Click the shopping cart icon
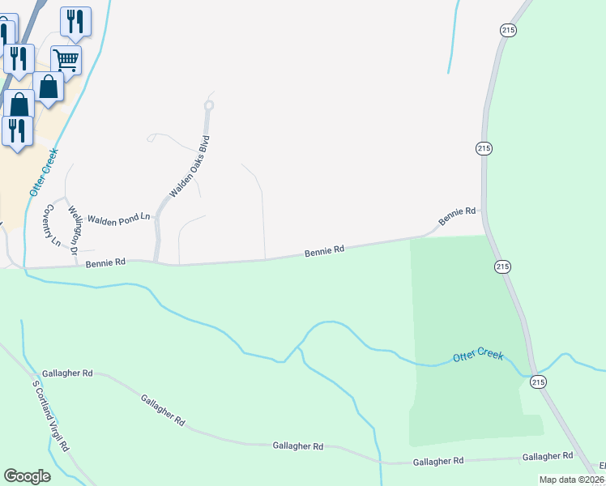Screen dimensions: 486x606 tap(66, 58)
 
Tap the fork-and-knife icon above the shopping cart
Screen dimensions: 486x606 tap(75, 21)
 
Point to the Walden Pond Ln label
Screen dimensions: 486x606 tap(119, 219)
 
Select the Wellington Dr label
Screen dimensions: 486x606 tap(74, 228)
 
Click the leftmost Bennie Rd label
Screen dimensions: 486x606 tap(105, 262)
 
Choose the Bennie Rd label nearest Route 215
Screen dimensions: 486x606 tap(457, 216)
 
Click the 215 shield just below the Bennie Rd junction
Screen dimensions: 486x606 tap(502, 266)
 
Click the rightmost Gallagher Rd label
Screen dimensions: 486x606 tap(548, 457)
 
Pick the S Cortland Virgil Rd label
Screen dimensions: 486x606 tap(51, 416)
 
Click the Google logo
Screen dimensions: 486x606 tap(28, 476)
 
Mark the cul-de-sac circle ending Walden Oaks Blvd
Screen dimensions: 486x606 tap(209, 105)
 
